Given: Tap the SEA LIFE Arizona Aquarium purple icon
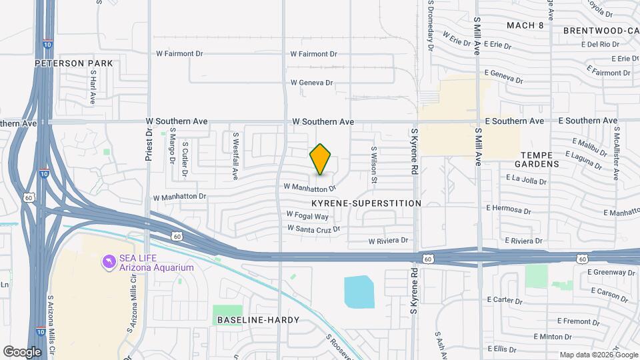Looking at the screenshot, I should coord(108,262).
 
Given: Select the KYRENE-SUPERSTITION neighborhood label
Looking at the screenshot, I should coord(366,203).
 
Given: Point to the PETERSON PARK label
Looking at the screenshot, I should coord(74,63).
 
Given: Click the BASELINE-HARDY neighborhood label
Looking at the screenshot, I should coord(259,320).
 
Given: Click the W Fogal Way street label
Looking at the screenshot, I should coord(307,215).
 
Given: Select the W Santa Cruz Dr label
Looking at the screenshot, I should coord(313,229).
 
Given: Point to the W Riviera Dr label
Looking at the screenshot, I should coord(388,240).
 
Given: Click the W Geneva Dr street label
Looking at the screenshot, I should coord(311,83).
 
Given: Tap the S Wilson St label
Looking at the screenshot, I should coord(375,165).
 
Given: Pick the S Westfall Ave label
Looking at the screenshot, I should coord(235,155).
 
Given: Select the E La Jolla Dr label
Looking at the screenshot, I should coord(526,180).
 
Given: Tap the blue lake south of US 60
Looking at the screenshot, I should coord(359,291).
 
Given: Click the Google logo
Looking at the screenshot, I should coord(23,351).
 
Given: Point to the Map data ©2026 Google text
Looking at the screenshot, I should coord(598,355).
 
